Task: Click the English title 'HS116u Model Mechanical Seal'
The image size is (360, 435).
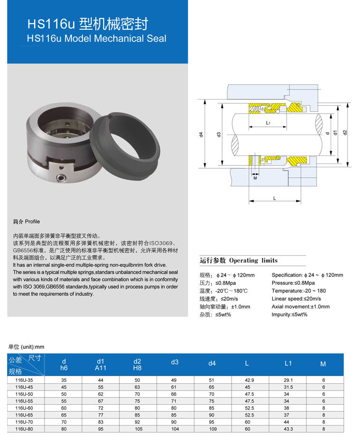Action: [97, 38]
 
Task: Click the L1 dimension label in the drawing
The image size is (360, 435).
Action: [268, 123]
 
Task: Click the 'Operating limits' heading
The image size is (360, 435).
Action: [253, 261]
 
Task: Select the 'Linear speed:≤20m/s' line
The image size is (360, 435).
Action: [296, 299]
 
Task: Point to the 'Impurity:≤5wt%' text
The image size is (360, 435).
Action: [289, 315]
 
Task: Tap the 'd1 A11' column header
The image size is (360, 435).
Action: [100, 364]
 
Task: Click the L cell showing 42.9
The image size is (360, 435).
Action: [249, 380]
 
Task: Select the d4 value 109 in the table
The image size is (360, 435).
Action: [212, 428]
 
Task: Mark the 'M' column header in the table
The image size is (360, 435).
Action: [323, 364]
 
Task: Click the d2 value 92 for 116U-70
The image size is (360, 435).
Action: [137, 421]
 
